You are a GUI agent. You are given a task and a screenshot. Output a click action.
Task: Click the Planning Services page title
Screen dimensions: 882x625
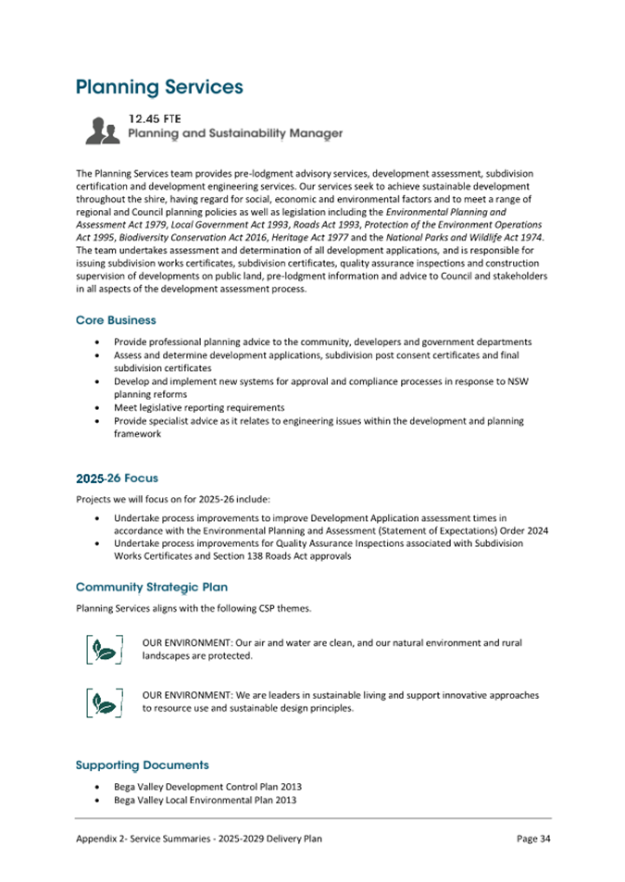[158, 87]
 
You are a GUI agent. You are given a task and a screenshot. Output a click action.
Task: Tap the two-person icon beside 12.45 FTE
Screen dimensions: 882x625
[102, 130]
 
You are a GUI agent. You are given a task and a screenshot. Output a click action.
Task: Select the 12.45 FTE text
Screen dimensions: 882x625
[154, 118]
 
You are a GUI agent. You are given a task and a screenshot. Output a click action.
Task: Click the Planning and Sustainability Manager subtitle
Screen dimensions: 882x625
[234, 134]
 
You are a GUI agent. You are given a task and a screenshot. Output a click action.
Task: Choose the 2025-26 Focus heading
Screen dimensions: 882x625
[116, 478]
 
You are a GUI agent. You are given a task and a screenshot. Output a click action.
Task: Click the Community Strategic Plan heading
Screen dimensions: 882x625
[151, 587]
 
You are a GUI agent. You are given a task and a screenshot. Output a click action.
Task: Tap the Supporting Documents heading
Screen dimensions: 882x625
[142, 764]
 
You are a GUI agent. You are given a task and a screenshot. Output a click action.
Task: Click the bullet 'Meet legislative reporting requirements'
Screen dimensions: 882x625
[198, 407]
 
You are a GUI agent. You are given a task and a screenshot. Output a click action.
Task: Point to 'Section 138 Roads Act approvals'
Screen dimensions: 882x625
[276, 557]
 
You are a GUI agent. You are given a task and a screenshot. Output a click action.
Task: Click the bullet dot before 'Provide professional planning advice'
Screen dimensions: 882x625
[98, 342]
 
